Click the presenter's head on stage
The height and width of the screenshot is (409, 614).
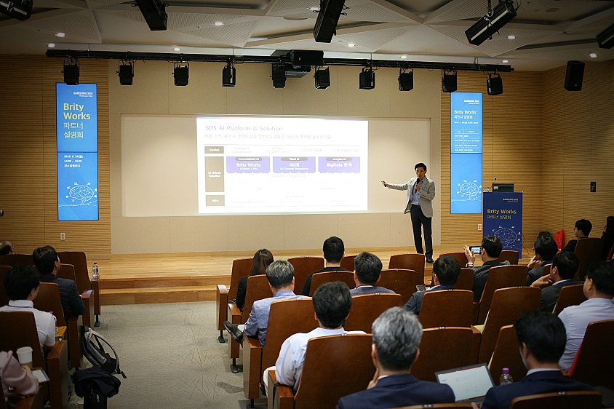[420, 169]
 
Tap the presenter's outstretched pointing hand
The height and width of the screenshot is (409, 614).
[384, 183]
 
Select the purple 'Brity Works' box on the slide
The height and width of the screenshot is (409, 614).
[247, 165]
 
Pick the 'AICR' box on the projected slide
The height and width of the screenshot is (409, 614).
[294, 165]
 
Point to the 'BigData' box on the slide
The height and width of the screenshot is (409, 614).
[339, 165]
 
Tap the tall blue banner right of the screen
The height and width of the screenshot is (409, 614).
[466, 152]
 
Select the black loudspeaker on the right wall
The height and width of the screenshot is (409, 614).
[574, 76]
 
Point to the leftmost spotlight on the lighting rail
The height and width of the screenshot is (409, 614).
[71, 74]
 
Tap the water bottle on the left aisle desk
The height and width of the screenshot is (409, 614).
[95, 271]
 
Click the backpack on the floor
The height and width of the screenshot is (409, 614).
[98, 350]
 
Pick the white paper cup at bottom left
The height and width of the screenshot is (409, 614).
[25, 355]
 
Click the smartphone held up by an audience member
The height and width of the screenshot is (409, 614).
[475, 249]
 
